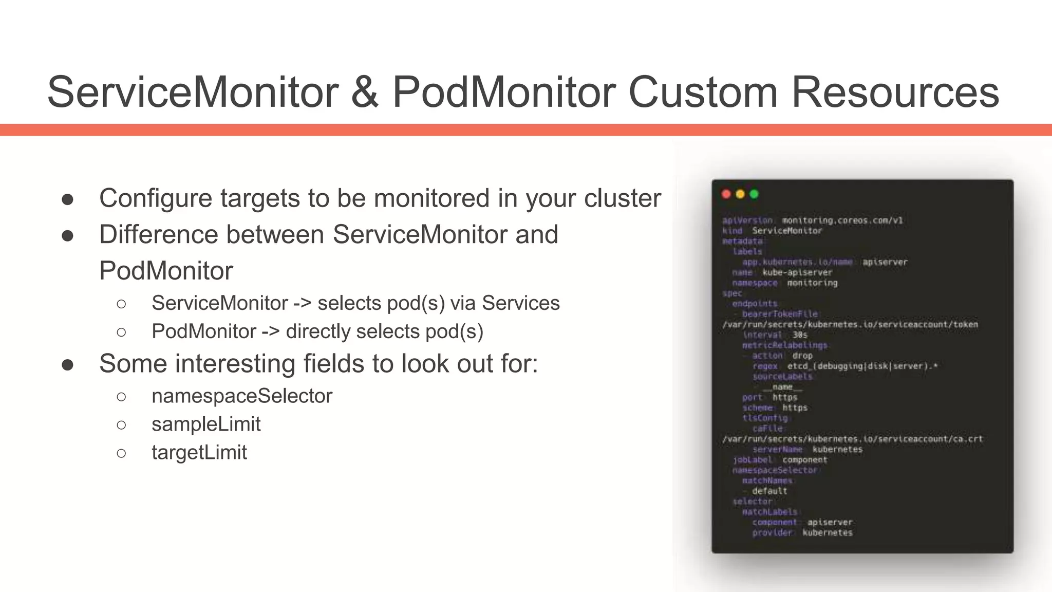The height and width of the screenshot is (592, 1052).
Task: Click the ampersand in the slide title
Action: pos(365,92)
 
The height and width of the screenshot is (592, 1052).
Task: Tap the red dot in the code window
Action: pos(726,194)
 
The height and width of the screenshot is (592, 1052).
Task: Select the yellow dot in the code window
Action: pos(740,194)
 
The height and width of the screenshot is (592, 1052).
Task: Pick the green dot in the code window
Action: pos(754,194)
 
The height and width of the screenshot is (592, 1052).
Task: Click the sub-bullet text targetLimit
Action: pos(199,453)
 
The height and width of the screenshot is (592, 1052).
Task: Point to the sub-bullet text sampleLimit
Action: pos(206,424)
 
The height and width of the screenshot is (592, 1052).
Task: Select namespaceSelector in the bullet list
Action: pos(242,396)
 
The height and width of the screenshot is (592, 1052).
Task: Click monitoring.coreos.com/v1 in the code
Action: pos(842,220)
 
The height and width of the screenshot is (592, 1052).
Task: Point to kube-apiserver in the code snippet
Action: pos(797,272)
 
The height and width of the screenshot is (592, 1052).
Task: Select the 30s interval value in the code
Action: pos(800,335)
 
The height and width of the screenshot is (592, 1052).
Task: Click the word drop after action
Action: pos(802,356)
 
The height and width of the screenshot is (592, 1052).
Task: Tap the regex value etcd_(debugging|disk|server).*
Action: pos(862,366)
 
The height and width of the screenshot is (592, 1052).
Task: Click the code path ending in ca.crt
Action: pos(852,439)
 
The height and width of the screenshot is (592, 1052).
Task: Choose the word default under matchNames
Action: pos(769,491)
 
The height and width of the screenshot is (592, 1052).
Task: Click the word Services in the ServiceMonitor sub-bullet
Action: pos(520,303)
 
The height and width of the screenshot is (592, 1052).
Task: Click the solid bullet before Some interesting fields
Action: pos(67,365)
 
